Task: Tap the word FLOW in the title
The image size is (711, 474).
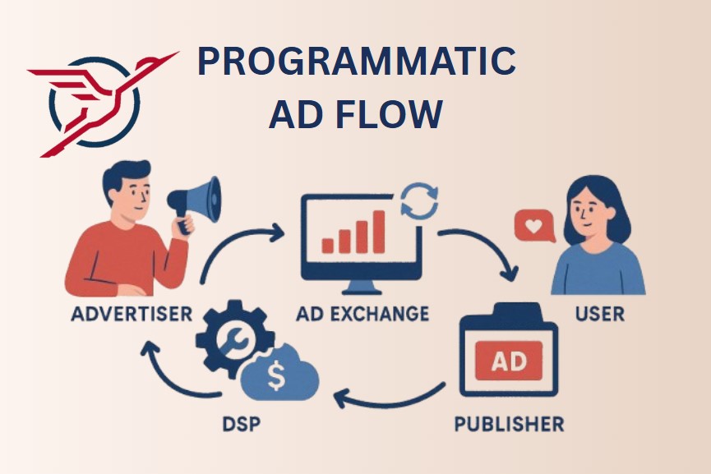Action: click(x=389, y=113)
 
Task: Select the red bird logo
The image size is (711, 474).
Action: click(x=104, y=104)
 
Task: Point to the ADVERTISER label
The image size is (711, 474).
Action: click(x=132, y=314)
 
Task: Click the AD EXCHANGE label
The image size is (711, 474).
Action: click(x=362, y=314)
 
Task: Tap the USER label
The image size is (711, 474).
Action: click(x=599, y=314)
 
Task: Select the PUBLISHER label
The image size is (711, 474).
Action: click(x=510, y=424)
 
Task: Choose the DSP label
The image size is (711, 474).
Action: click(x=242, y=424)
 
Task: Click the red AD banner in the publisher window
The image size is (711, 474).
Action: click(x=509, y=361)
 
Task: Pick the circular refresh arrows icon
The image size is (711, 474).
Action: click(x=420, y=200)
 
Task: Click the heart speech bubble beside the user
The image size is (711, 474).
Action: click(x=534, y=226)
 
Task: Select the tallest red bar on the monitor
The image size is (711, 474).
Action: click(x=379, y=232)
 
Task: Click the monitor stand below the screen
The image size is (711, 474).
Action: click(x=362, y=287)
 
